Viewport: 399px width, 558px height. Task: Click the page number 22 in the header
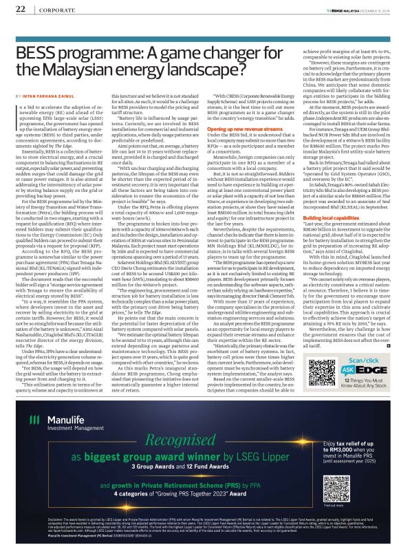(20, 9)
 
